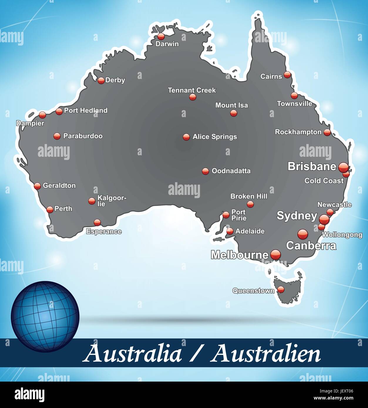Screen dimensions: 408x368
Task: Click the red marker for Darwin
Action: coord(161,36)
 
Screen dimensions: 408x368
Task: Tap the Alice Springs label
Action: coord(214,137)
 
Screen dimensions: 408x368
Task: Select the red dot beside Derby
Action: coord(101,80)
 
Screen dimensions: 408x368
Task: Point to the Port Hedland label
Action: coord(85,110)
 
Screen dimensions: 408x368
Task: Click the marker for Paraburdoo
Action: coord(57,136)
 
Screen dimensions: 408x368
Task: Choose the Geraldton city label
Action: coord(59,186)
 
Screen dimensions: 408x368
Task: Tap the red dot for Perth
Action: coord(50,209)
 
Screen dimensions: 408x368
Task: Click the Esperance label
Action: coord(104,232)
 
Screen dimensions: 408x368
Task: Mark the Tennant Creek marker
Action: coord(192,97)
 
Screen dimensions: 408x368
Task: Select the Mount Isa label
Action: coord(231,105)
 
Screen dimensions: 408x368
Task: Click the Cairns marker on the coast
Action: coord(287,75)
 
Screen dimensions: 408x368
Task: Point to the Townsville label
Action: coord(294,104)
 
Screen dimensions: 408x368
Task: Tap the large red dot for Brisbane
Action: coord(343,168)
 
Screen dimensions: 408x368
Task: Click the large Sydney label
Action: coord(297,216)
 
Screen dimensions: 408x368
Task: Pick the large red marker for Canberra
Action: coord(303,234)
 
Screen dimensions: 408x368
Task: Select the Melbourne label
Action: coord(240,255)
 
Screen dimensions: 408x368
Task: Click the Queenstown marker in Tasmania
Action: coord(281,290)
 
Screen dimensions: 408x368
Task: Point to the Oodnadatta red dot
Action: coord(205,171)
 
